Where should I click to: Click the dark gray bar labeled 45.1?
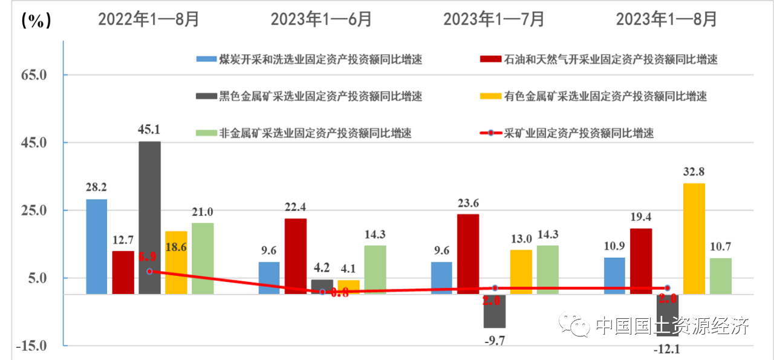coord(149,218)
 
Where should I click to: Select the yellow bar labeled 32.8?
coord(694,238)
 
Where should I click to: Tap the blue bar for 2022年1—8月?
coord(97,246)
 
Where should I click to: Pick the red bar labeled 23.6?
coord(468,254)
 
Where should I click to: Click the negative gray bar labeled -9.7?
coord(495,311)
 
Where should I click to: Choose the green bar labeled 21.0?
coord(203,258)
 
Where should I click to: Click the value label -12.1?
coord(668,350)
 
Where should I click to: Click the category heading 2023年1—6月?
coord(321,19)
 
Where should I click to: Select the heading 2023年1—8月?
coord(666,19)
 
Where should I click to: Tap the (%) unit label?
coord(36,21)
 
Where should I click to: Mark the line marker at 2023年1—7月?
coord(495,289)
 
